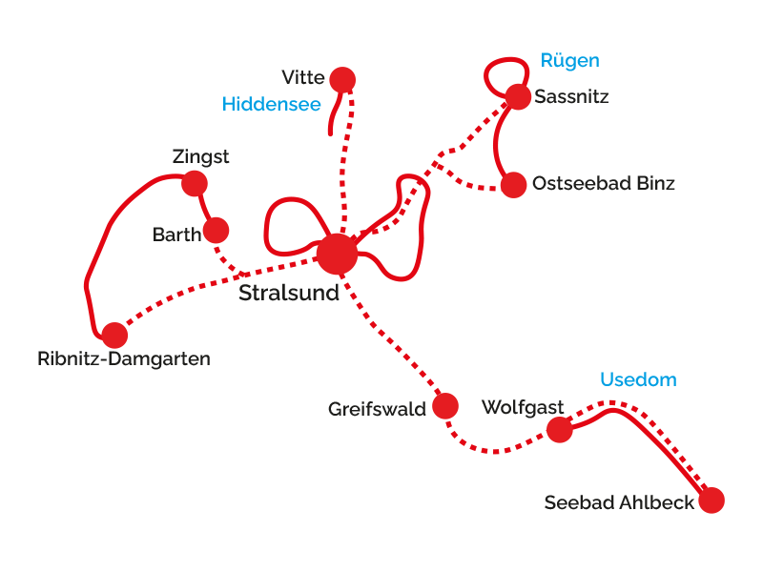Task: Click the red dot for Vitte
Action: [342, 80]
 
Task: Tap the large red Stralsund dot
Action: [337, 254]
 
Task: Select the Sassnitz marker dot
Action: [518, 97]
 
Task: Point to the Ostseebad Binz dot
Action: [513, 185]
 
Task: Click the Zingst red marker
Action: [195, 183]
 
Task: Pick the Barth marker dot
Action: [217, 230]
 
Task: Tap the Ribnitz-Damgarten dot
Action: [114, 336]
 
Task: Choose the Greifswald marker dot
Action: [445, 406]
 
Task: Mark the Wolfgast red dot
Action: [560, 430]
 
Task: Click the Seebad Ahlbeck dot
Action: [711, 500]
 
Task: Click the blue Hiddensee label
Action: [272, 104]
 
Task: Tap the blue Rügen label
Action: [569, 61]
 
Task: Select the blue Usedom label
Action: [638, 379]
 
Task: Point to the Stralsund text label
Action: [289, 293]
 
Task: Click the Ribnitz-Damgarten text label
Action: [124, 359]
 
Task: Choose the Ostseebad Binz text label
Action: [604, 183]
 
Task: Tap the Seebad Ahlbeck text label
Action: [619, 502]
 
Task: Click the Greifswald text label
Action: [377, 409]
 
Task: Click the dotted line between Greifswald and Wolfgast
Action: [495, 451]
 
